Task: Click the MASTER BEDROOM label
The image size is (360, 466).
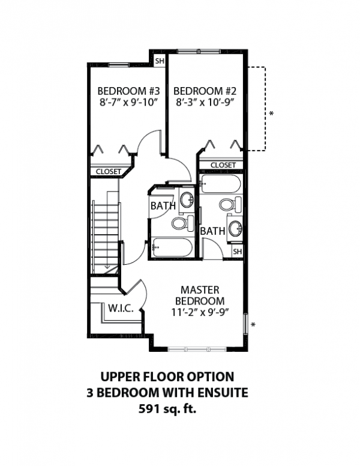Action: point(200,295)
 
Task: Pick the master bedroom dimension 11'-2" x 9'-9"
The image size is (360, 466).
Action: point(200,312)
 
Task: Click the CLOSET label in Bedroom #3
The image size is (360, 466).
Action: point(107,172)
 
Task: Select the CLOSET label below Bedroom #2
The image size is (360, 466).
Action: point(223,165)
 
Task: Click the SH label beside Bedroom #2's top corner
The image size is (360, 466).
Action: point(160,61)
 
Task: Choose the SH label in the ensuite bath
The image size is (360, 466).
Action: point(236,252)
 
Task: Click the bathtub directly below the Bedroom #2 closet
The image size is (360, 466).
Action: point(220,184)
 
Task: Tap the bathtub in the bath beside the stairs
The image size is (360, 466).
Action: point(171,246)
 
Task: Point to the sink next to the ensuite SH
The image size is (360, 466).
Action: point(235,229)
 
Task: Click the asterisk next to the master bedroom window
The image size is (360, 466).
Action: point(254,325)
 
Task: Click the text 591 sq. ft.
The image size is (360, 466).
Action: point(166,410)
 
